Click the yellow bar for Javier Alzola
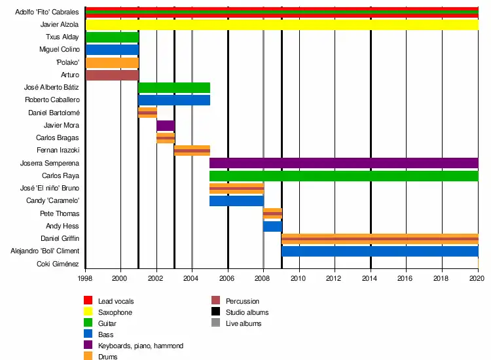point(282,25)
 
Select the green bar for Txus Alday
point(111,37)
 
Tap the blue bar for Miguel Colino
point(111,50)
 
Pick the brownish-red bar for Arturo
point(111,75)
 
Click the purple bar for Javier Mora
point(166,126)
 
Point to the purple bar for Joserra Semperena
point(344,163)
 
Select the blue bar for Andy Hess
point(272,226)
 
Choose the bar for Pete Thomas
point(272,213)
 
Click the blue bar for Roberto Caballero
point(174,100)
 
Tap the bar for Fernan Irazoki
point(192,151)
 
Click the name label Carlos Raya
point(60,176)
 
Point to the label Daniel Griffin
point(60,238)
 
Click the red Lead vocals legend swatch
point(88,301)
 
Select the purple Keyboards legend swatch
point(88,346)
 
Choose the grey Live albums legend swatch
point(215,323)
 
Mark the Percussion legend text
point(243,301)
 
